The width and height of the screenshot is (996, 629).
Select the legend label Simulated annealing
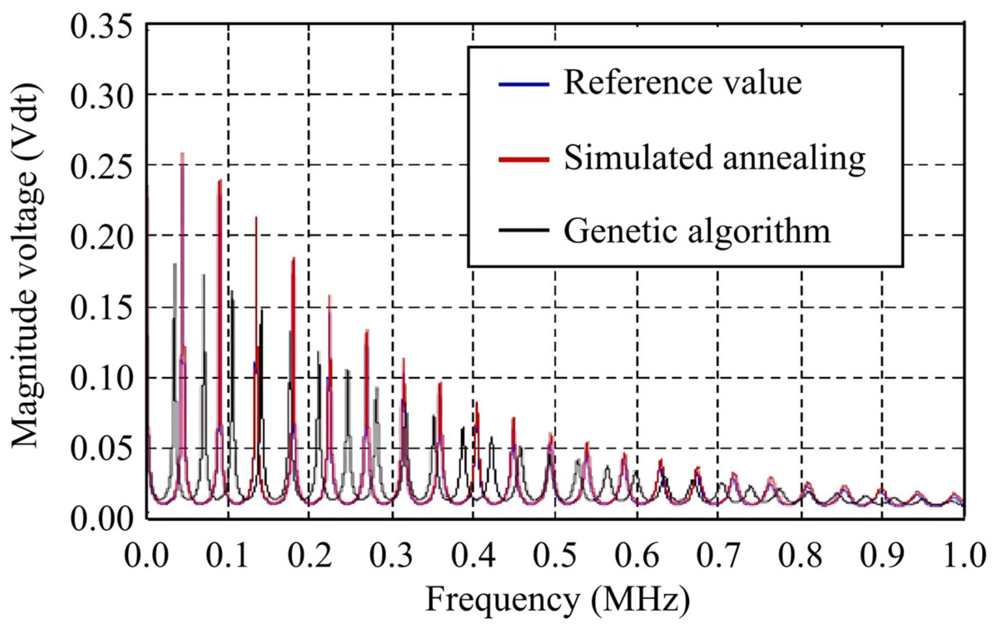point(715,159)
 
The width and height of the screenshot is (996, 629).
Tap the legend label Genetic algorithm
point(697,231)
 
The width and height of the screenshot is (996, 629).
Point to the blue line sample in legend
point(524,85)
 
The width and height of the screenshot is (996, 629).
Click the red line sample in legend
point(524,160)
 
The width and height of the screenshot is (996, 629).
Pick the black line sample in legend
point(524,229)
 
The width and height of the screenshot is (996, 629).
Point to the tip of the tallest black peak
point(175,264)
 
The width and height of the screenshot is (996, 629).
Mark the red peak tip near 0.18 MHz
point(293,258)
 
